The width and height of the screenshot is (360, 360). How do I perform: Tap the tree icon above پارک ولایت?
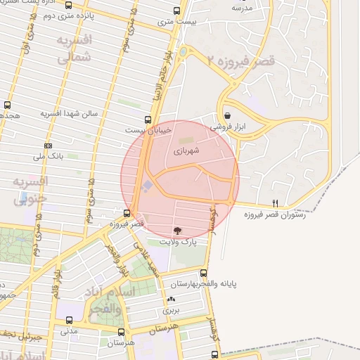[x=176, y=230]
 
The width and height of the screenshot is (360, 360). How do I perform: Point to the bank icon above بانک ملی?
[x=48, y=146]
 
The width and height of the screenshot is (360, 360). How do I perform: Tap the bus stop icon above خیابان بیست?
[x=148, y=120]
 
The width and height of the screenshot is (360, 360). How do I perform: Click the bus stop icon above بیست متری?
[x=176, y=11]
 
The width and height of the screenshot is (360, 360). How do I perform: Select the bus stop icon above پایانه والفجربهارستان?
[x=204, y=273]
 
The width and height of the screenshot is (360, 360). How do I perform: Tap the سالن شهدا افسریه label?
[x=67, y=113]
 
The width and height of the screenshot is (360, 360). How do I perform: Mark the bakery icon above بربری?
[x=172, y=300]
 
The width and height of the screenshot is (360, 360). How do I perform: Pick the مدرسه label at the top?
[x=242, y=7]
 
